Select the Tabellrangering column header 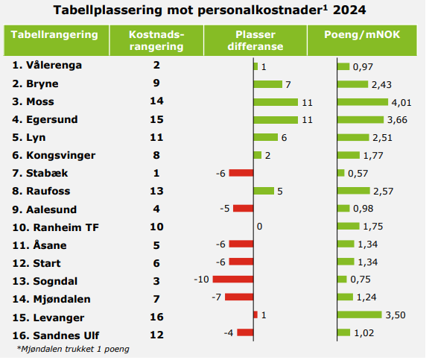coord(55,35)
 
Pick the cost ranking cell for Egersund coord(156,119)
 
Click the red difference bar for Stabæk coord(241,173)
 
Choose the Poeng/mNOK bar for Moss coord(363,101)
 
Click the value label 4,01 coord(403,101)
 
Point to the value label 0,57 coord(359,173)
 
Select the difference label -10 coord(201,280)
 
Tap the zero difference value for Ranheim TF coord(259,226)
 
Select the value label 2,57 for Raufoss coord(382,191)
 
